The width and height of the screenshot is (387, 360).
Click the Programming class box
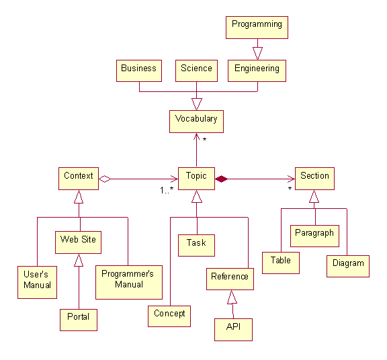257,28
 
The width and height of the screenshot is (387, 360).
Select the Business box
139,71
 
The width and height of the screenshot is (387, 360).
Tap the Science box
196,71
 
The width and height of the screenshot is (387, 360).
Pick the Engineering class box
257,71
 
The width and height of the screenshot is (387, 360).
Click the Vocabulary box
196,122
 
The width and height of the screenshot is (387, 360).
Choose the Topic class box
196,179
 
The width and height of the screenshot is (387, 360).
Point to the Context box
79,179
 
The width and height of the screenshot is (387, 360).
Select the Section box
314,179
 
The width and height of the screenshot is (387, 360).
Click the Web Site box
78,242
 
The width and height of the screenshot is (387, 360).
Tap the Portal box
79,320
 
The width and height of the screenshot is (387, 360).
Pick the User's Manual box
37,282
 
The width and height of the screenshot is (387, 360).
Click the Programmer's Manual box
129,282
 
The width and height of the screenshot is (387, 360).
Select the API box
234,330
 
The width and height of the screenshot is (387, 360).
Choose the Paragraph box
314,236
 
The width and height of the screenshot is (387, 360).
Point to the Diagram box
348,266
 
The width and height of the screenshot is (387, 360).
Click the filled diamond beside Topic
222,179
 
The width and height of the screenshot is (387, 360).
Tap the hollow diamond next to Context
105,179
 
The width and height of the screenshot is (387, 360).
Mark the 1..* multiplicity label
167,190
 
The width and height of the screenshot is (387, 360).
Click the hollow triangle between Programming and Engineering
257,53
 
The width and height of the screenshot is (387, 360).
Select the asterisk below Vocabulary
204,140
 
